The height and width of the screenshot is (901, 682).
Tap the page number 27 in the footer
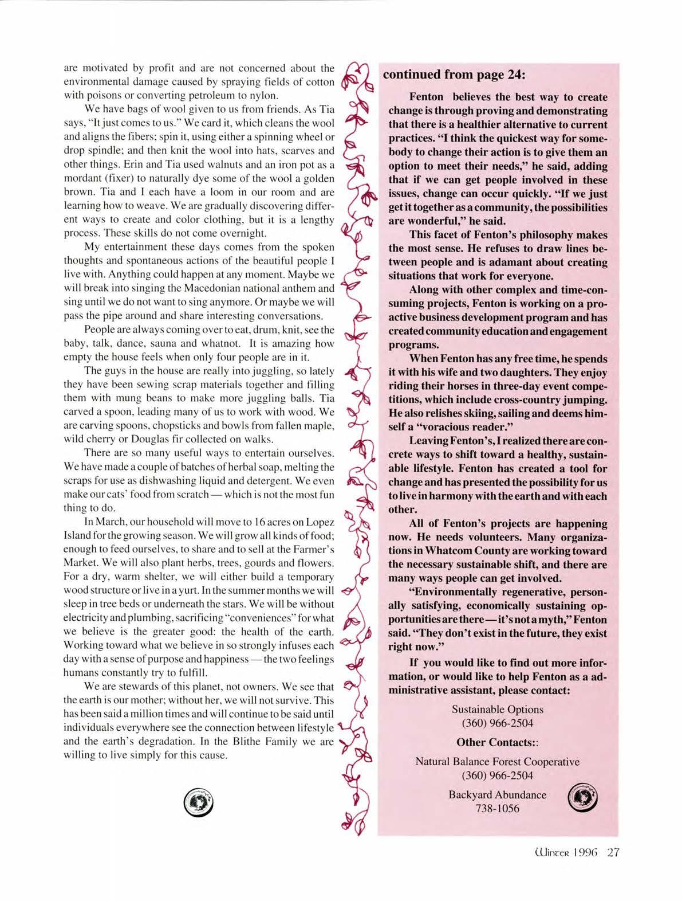point(613,852)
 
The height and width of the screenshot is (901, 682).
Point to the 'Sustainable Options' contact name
point(497,709)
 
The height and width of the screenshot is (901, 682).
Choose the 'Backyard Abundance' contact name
point(497,794)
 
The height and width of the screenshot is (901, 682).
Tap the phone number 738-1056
point(497,808)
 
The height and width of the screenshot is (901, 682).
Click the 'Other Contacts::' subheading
point(497,742)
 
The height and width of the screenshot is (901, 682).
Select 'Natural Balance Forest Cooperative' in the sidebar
point(497,762)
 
